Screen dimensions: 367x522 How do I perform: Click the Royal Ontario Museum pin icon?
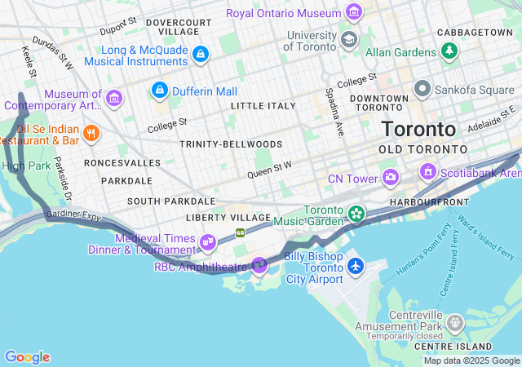point(353,12)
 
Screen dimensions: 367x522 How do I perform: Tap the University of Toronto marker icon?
point(348,39)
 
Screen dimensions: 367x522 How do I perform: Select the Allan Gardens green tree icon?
point(449,51)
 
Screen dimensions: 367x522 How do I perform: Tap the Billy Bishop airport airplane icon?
point(355,266)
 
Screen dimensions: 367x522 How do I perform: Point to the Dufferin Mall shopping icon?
point(160,88)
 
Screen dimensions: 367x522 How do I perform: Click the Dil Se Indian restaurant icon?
point(91,133)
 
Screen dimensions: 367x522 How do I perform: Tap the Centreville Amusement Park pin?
point(451,326)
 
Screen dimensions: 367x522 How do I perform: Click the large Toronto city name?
point(418,130)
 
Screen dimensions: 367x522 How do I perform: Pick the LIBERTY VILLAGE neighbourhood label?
point(228,218)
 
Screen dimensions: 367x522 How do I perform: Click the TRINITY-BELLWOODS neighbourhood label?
point(231,144)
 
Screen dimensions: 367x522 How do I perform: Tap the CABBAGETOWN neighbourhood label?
point(475,32)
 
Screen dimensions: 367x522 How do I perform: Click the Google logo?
point(27,357)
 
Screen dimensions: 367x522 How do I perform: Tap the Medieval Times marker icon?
point(208,241)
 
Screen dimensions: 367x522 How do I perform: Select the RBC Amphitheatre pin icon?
point(259,264)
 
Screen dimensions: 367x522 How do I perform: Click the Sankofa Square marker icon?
point(422,88)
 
